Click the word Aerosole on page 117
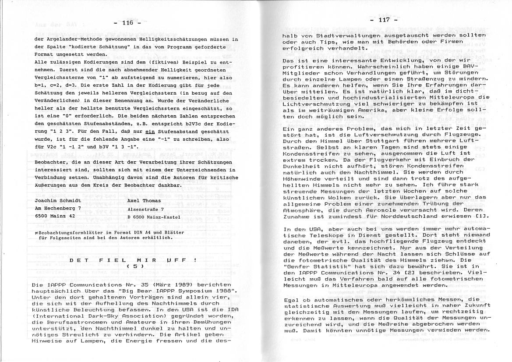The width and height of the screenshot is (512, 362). pyautogui.click(x=386, y=210)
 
